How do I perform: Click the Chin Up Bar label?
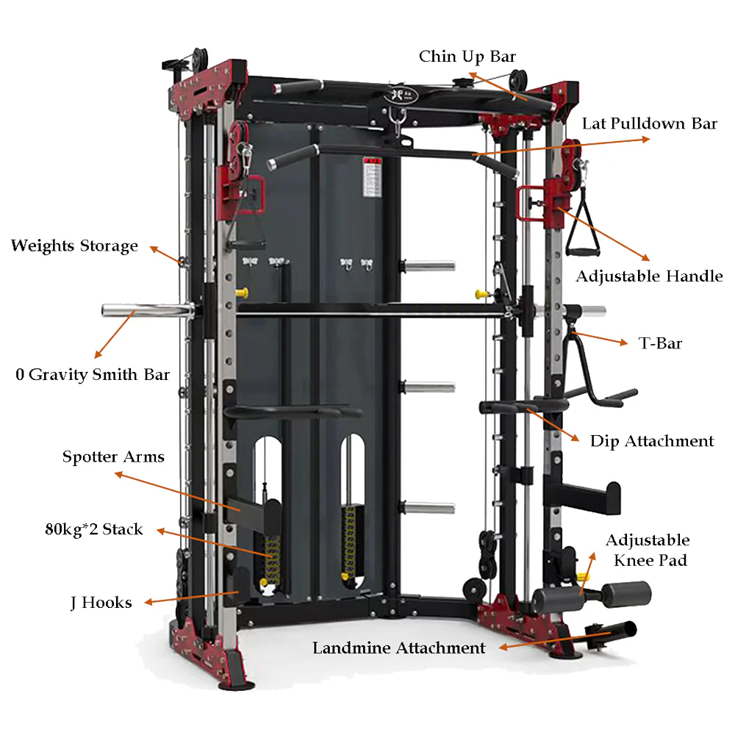pyautogui.click(x=467, y=57)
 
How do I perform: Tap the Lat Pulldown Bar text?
pyautogui.click(x=649, y=123)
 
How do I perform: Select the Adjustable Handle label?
pyautogui.click(x=649, y=276)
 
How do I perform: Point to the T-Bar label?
pyautogui.click(x=660, y=343)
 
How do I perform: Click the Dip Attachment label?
pyautogui.click(x=651, y=441)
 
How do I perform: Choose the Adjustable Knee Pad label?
pyautogui.click(x=648, y=550)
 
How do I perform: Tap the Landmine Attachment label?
pyautogui.click(x=399, y=648)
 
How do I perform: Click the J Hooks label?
pyautogui.click(x=101, y=603)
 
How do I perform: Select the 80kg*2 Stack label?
pyautogui.click(x=94, y=529)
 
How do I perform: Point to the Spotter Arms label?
pyautogui.click(x=113, y=456)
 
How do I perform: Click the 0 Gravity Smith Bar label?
pyautogui.click(x=93, y=375)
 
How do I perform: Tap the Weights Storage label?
pyautogui.click(x=74, y=245)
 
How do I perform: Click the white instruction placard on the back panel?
pyautogui.click(x=373, y=177)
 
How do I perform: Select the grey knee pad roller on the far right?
pyautogui.click(x=626, y=595)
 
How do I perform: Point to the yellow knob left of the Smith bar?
pyautogui.click(x=242, y=293)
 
